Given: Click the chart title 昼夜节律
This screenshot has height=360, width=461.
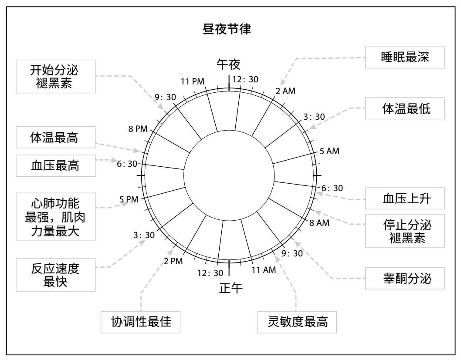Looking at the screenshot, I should click(230, 32).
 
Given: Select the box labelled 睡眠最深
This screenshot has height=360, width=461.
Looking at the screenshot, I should click(405, 57).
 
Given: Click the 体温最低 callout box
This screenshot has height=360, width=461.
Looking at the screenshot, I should click(405, 109).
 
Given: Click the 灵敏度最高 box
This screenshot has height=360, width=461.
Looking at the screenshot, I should click(297, 323).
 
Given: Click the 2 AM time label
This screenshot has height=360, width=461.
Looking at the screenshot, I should click(286, 91).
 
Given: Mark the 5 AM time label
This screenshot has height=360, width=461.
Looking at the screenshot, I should click(329, 151).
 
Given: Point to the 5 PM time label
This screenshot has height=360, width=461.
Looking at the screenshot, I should click(129, 199).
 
